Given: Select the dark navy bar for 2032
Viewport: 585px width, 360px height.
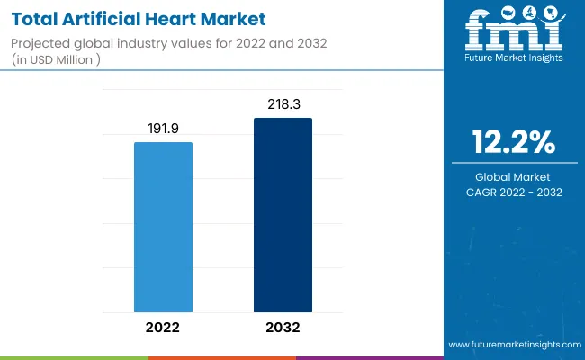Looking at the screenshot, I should (283, 215).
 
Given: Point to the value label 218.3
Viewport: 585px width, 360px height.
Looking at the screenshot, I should (283, 106).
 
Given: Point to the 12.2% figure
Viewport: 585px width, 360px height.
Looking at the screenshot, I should (514, 142).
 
